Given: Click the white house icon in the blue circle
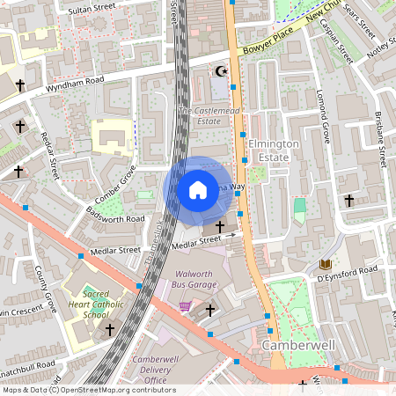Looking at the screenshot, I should (197, 190).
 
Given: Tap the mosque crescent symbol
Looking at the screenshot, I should (221, 71).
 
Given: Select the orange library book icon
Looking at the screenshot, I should (325, 264).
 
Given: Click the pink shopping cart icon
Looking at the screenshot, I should (185, 306).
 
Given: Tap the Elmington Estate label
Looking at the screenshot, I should (274, 150).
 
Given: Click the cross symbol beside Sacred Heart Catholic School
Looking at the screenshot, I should (110, 329).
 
